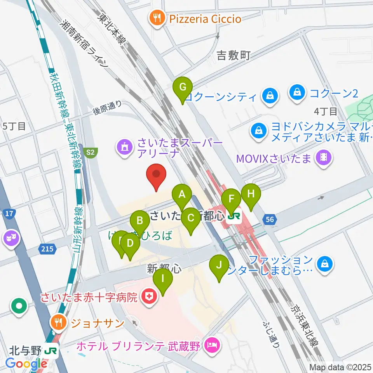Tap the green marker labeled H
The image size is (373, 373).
251,194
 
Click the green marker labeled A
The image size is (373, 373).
182,194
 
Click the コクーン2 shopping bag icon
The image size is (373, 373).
297,93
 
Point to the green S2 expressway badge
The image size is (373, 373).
91,153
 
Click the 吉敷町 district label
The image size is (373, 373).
234,56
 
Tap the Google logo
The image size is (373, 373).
26,364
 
